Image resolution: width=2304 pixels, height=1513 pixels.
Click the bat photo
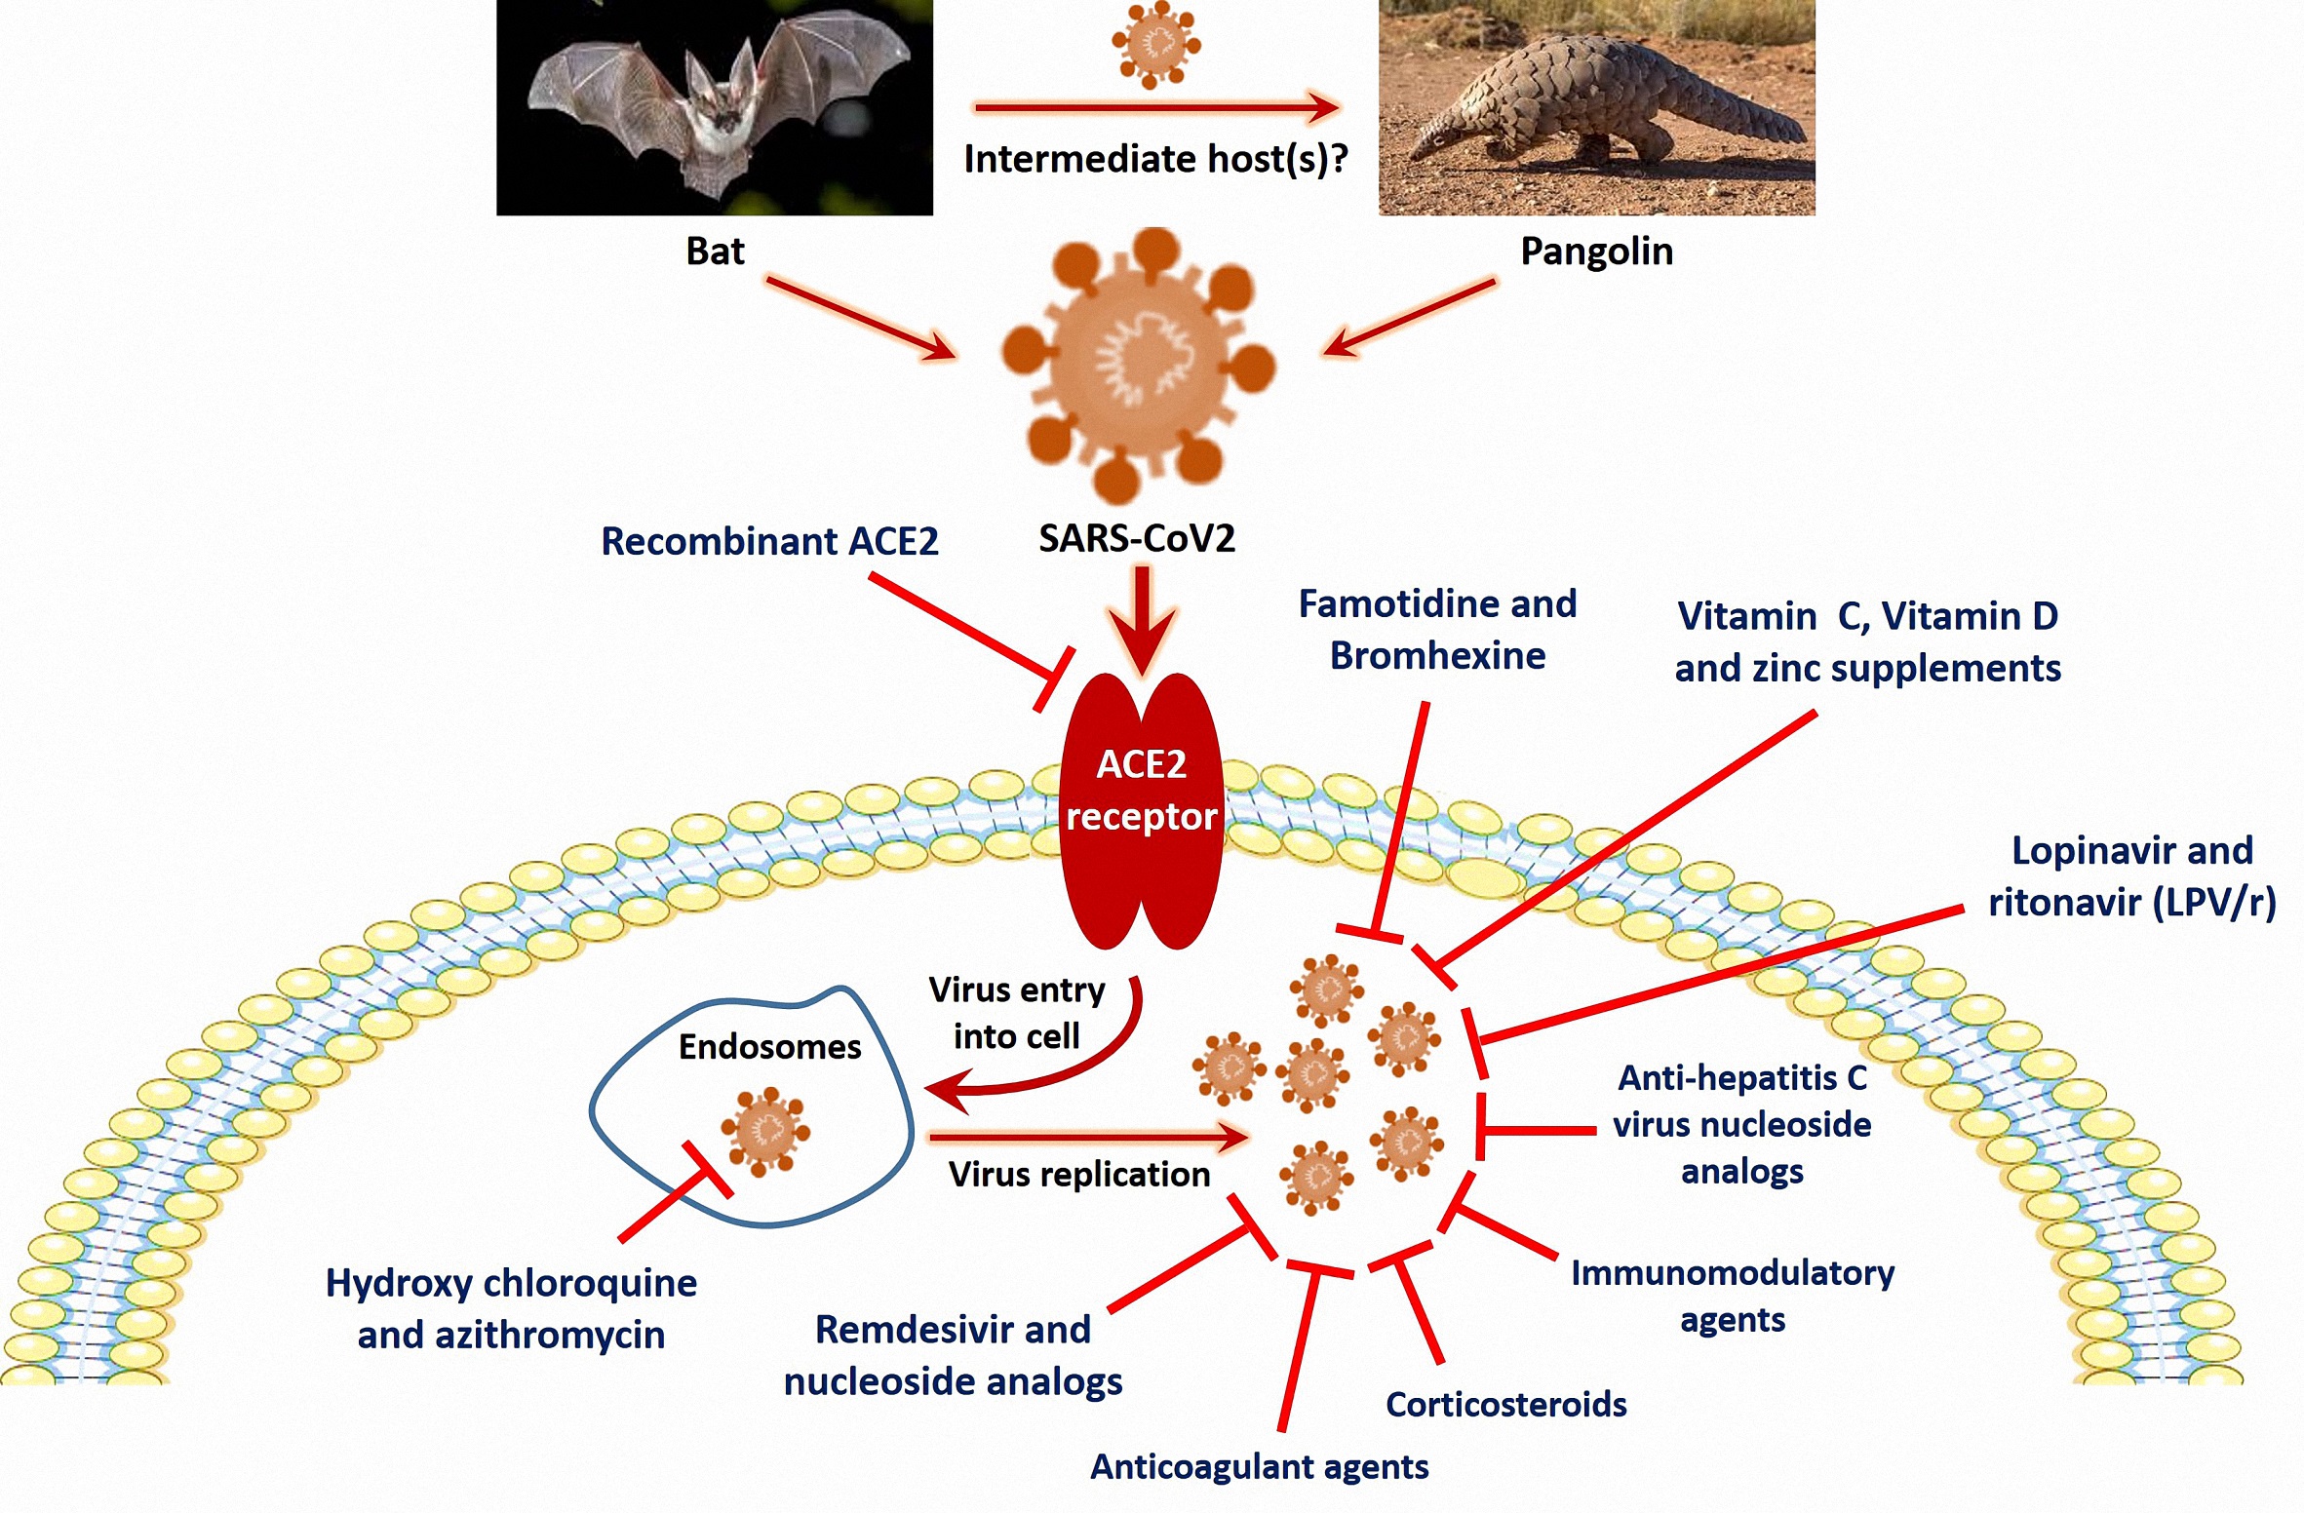point(714,107)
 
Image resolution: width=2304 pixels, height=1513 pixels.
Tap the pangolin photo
point(1596,107)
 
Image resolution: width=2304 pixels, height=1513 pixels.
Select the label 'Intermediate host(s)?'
point(1155,159)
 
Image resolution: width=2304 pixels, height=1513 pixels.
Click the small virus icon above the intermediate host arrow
point(1156,44)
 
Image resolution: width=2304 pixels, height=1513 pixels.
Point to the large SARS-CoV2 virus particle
point(1137,366)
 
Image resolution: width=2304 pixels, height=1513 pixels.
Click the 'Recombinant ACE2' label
point(769,541)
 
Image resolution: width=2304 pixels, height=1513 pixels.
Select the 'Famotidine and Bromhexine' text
point(1437,630)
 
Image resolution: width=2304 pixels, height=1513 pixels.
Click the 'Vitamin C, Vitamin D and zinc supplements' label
point(1867,642)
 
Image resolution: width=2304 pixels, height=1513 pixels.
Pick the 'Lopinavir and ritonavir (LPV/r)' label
point(2131,876)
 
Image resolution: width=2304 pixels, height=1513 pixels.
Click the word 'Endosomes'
point(769,1047)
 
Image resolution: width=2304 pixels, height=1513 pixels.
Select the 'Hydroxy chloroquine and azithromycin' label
point(511,1308)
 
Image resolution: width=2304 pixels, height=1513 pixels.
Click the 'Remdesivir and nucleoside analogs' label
point(953,1355)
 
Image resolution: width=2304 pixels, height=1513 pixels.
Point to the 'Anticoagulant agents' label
point(1259,1466)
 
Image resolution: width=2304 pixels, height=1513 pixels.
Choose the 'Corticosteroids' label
point(1505,1404)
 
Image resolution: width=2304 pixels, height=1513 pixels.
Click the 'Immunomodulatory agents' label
point(1732,1296)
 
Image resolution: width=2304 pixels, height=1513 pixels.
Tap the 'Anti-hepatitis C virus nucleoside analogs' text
point(1741,1124)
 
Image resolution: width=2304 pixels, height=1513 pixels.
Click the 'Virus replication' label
point(1078,1174)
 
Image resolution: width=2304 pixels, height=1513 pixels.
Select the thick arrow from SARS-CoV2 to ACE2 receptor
point(1142,619)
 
